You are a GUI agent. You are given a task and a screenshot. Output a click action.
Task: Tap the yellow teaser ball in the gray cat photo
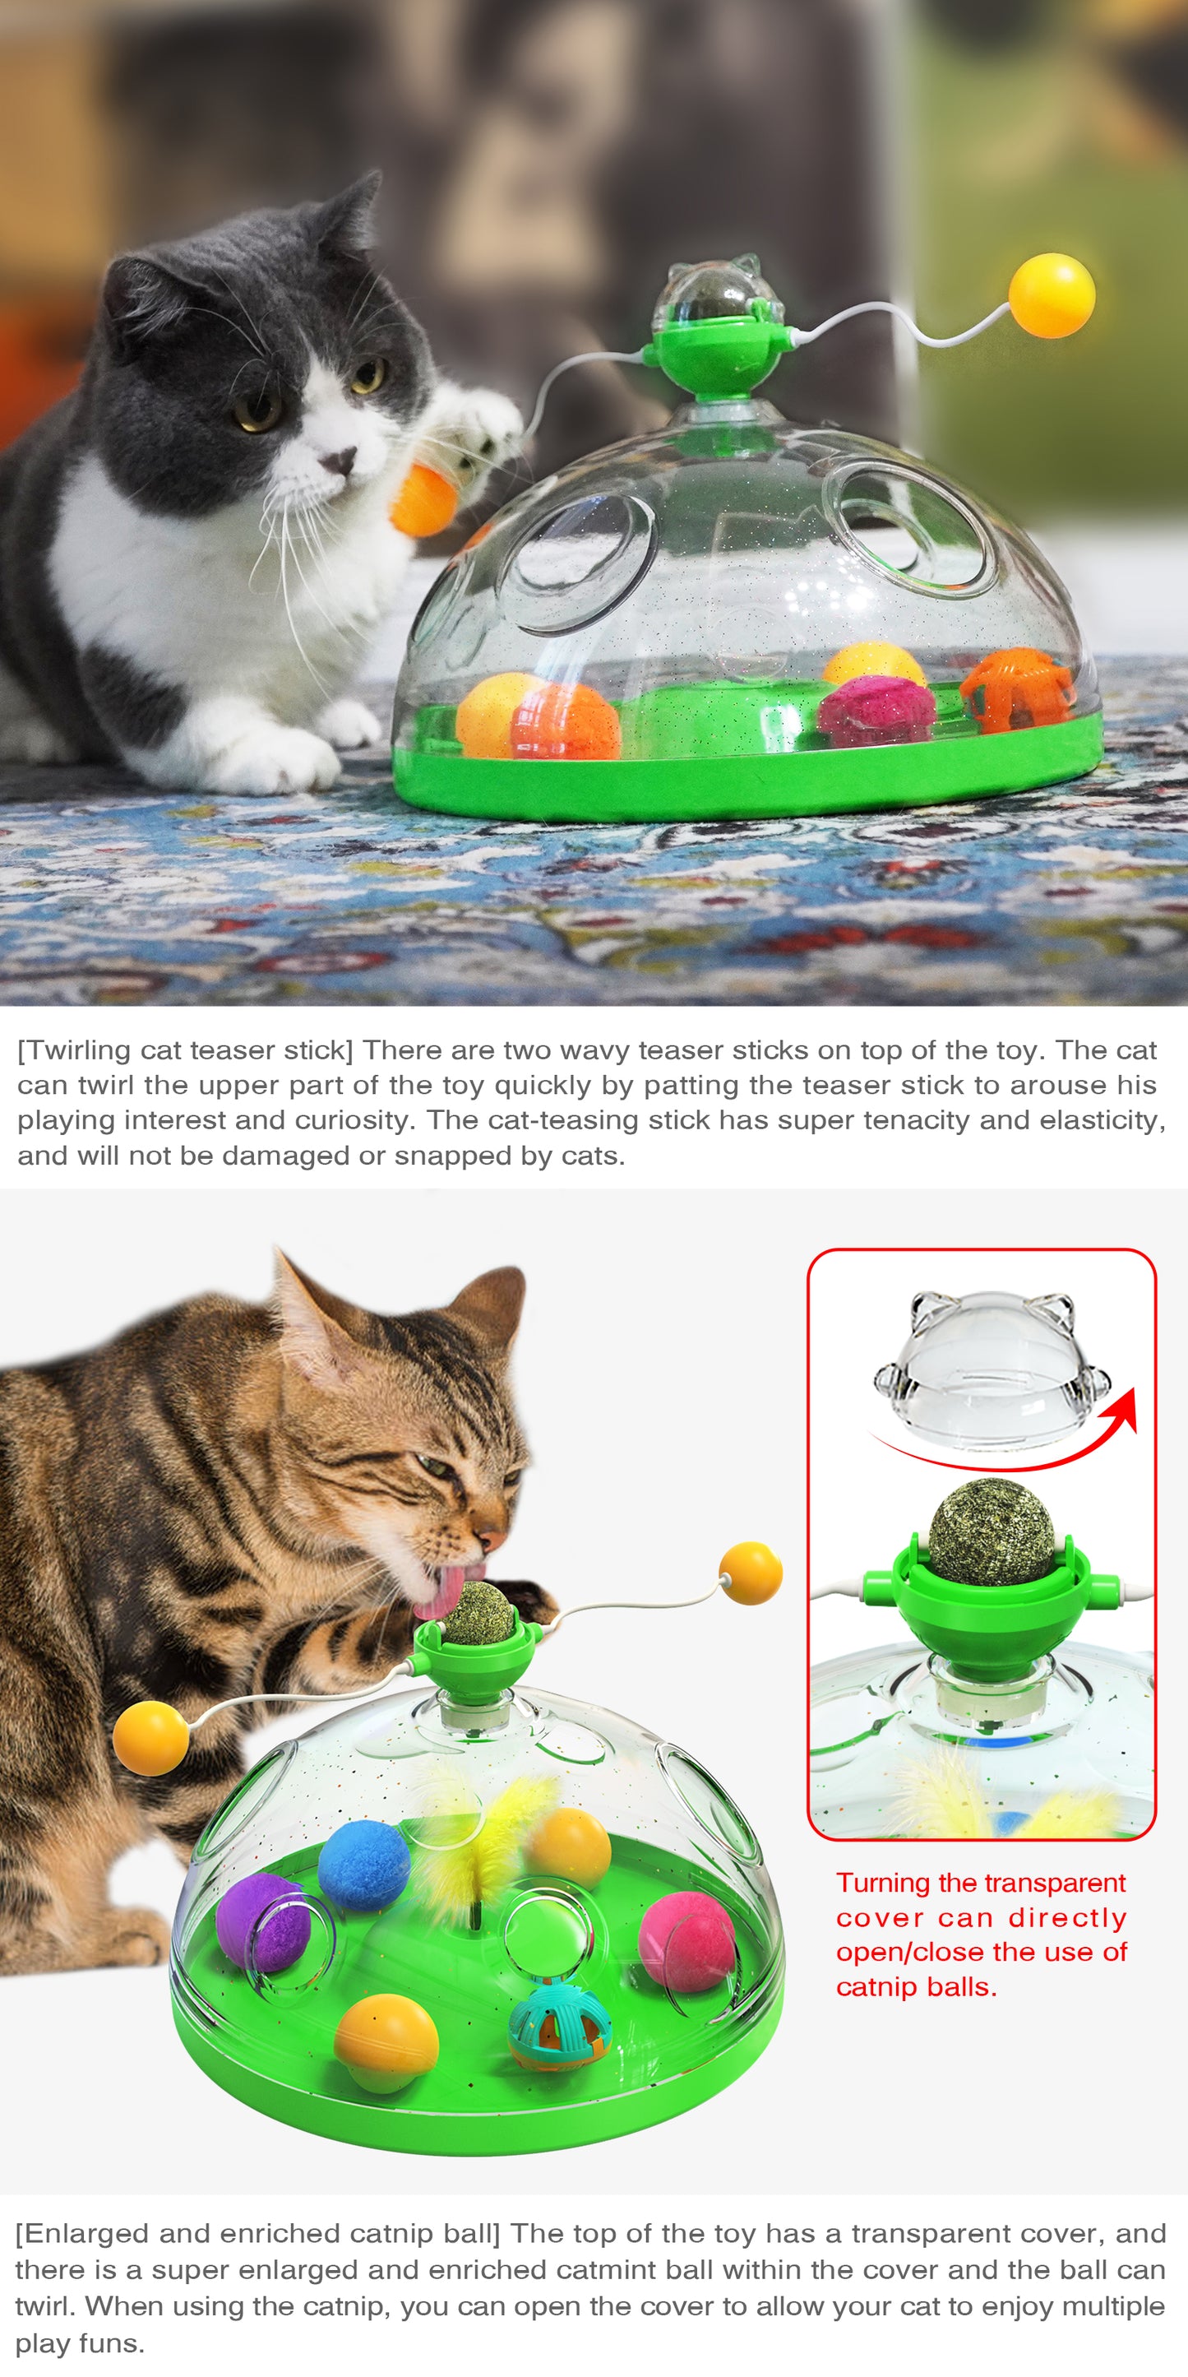tap(1052, 295)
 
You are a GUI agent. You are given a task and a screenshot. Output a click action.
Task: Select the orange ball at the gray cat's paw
tap(423, 500)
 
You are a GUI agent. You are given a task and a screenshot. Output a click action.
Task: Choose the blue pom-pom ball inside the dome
tap(363, 1865)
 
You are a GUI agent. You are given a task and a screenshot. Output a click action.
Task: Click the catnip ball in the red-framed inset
tap(991, 1531)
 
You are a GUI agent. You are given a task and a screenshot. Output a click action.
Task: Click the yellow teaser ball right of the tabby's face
tap(751, 1573)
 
